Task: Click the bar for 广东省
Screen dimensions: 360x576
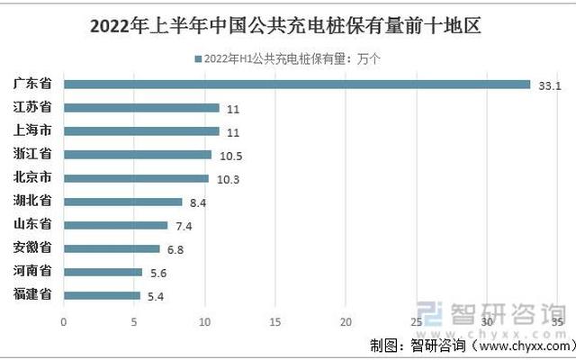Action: [x=297, y=85]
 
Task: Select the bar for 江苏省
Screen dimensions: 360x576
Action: [x=141, y=108]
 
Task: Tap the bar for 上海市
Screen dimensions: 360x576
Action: [x=141, y=131]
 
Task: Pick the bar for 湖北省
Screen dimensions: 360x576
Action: [x=122, y=202]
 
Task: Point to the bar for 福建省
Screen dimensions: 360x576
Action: [x=102, y=295]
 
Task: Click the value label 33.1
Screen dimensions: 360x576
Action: [x=549, y=85]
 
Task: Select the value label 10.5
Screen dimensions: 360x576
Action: [x=230, y=156]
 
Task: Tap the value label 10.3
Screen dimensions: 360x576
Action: [x=228, y=179]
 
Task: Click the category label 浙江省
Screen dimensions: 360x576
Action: [x=32, y=154]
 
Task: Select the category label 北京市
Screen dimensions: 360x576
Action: [x=32, y=177]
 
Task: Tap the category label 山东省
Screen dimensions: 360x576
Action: [x=32, y=224]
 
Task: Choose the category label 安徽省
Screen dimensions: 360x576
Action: [x=32, y=247]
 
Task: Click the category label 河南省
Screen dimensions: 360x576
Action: [x=32, y=271]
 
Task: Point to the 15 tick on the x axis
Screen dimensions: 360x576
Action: [x=275, y=320]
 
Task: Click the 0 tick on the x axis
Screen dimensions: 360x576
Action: [x=63, y=320]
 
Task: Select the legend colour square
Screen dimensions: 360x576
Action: [x=197, y=59]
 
